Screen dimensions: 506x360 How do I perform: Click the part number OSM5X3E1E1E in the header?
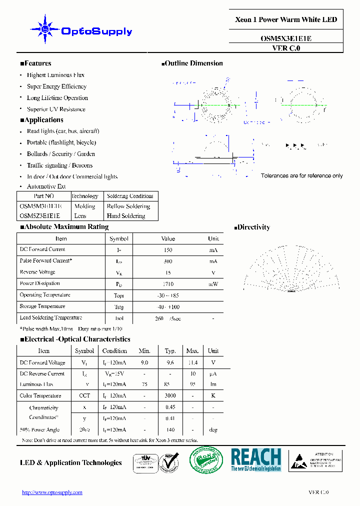point(286,38)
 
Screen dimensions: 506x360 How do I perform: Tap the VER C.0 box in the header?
point(286,48)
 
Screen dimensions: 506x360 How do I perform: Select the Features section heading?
point(35,63)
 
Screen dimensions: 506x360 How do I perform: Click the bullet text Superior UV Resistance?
point(56,109)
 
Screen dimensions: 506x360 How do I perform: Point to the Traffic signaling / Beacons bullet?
point(59,165)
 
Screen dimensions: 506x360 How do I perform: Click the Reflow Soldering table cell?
point(128,206)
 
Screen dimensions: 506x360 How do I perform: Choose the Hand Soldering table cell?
point(126,216)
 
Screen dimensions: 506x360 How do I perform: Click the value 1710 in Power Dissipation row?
point(168,284)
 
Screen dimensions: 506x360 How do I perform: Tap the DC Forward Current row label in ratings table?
point(42,249)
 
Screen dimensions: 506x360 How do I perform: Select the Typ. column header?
point(170,351)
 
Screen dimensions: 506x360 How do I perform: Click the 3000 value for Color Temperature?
point(170,396)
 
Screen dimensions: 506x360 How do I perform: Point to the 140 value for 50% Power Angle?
point(170,430)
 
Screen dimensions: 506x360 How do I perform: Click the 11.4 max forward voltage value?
point(192,363)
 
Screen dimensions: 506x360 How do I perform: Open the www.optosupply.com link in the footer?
point(52,492)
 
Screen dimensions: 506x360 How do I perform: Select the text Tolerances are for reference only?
point(302,176)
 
